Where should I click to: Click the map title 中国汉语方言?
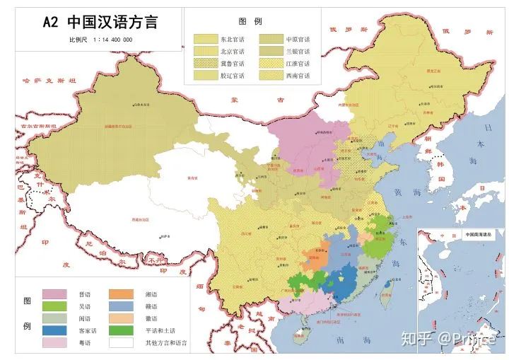[112, 21]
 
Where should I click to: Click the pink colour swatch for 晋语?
[54, 294]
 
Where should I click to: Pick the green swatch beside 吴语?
[54, 306]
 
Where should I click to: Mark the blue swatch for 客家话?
[54, 330]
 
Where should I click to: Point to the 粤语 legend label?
[86, 342]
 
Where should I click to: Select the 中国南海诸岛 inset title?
[481, 234]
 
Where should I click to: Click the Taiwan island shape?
[386, 294]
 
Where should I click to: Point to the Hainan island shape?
[300, 330]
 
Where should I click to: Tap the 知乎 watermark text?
[416, 339]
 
